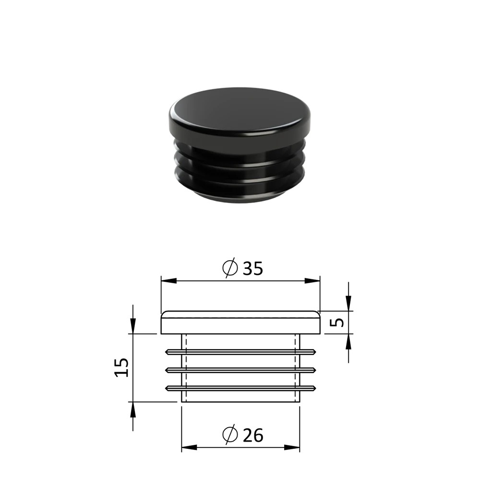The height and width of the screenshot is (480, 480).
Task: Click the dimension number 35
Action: [252, 268]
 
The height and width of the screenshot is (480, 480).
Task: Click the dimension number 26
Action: [253, 435]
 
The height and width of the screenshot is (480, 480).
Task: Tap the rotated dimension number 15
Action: [122, 367]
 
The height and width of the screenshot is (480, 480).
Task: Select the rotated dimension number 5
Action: [337, 323]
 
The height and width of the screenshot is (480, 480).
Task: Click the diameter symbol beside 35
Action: [230, 267]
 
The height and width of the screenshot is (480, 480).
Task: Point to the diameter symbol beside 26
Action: [230, 434]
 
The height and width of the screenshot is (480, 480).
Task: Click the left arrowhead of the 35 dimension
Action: [169, 281]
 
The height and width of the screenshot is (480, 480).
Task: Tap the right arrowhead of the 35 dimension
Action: [312, 281]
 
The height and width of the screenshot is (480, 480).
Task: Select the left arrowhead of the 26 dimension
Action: [190, 447]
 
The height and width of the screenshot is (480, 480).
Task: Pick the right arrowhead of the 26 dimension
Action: [292, 447]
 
